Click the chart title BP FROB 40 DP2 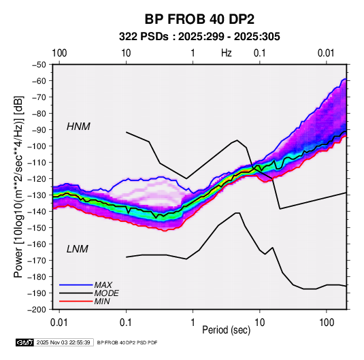tap(199, 19)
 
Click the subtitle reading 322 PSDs tap(144, 37)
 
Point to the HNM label tap(78, 127)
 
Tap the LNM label tap(78, 249)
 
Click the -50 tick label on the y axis tap(39, 65)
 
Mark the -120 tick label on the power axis tap(37, 179)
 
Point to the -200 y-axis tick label tap(37, 310)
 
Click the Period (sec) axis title tap(227, 330)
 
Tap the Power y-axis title tap(19, 187)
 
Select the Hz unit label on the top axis tap(227, 53)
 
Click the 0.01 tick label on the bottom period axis tap(59, 323)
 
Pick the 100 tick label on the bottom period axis tap(327, 323)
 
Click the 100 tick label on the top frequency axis tap(59, 53)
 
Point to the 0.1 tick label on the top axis tap(259, 53)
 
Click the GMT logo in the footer tap(25, 342)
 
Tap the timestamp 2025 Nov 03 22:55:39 tap(63, 342)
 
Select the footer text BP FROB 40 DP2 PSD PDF tap(127, 342)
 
